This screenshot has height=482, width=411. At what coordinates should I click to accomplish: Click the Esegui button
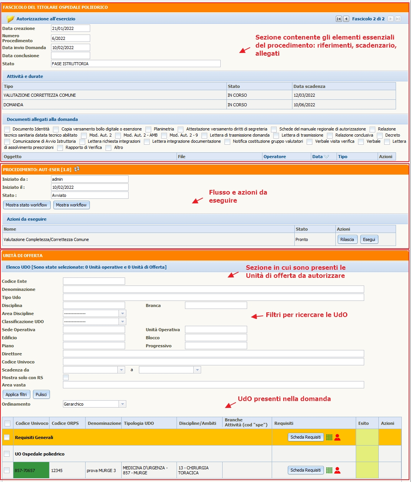369,239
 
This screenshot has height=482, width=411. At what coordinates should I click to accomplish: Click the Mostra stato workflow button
26,205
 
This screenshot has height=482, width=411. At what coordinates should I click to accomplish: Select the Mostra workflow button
71,205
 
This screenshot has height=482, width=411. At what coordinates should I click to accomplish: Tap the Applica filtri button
16,395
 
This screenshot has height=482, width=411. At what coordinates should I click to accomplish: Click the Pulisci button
41,395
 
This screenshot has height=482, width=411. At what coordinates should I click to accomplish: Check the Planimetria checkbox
148,129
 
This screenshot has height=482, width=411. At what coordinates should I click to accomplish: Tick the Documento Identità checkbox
7,129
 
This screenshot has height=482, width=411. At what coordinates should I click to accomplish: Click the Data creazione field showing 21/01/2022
70,28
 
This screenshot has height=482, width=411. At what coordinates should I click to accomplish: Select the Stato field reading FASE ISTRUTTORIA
135,64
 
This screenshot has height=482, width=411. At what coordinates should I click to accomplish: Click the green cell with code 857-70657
31,470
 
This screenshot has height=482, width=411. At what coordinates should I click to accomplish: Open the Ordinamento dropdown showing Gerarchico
94,404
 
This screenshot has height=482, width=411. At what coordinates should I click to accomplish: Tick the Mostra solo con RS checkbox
66,378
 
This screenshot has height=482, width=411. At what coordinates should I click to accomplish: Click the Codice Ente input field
94,281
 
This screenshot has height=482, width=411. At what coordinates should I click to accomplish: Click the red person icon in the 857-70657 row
338,470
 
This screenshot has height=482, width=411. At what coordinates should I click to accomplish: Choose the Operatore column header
275,157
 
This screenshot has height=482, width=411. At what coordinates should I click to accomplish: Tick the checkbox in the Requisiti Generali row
7,437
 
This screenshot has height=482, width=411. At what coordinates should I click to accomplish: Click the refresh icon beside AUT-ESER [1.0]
77,169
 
